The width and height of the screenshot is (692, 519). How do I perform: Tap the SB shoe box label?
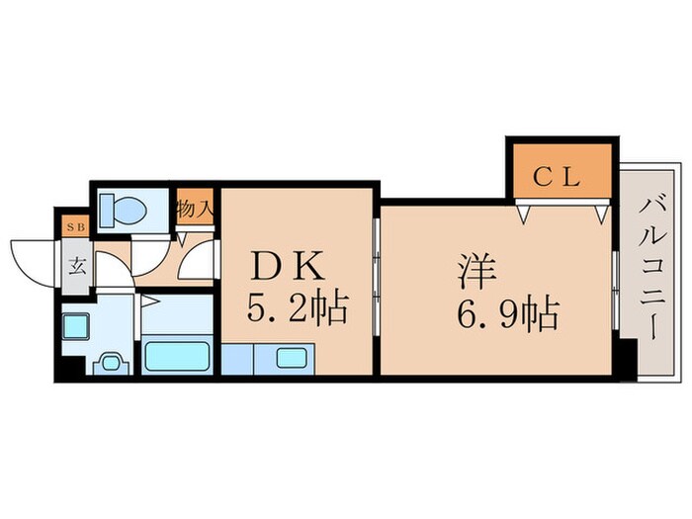coord(74,226)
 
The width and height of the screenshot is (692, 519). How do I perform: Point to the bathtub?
coord(176,355)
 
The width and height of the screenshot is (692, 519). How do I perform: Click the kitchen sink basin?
coord(294,357)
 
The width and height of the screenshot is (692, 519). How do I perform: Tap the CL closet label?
coord(562,179)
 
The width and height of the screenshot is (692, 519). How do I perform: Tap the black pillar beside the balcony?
coord(626,356)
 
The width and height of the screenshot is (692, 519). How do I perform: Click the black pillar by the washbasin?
coord(66,367)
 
